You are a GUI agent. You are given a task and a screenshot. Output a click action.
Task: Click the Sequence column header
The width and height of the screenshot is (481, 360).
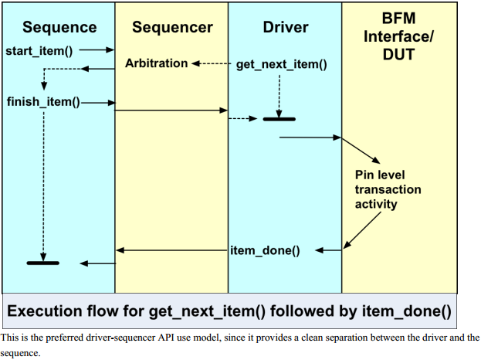[59, 28]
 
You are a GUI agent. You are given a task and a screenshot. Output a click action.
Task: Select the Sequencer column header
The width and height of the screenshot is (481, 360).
[172, 28]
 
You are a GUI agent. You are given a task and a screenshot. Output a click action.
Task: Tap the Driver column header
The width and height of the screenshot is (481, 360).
[285, 28]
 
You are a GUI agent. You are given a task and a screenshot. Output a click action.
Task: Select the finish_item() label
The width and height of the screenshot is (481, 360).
[42, 101]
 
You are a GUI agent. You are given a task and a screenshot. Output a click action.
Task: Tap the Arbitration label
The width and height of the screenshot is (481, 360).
[156, 63]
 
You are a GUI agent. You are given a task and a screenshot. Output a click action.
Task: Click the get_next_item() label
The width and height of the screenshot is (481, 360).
[281, 64]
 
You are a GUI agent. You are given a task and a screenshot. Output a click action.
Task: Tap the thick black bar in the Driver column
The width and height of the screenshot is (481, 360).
[279, 119]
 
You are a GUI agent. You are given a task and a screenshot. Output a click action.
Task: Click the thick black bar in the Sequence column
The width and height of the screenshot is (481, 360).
[43, 263]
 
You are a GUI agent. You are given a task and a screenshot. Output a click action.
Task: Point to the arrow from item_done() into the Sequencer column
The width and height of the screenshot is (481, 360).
[171, 250]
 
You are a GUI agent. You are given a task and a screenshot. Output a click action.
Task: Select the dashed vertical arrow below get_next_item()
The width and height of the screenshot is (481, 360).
[279, 93]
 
